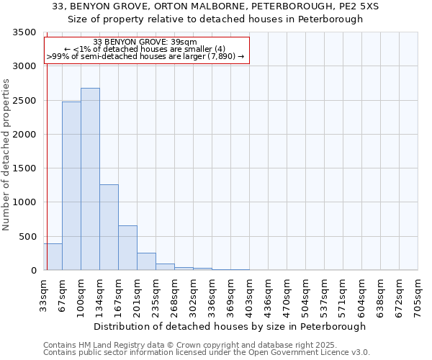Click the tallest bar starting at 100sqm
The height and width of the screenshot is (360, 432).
90,179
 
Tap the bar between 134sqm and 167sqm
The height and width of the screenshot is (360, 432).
109,228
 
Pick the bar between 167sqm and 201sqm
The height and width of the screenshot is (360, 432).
127,248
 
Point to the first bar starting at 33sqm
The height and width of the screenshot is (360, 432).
53,257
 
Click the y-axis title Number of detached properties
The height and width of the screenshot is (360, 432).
6,155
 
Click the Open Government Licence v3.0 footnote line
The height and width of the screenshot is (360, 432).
207,353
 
